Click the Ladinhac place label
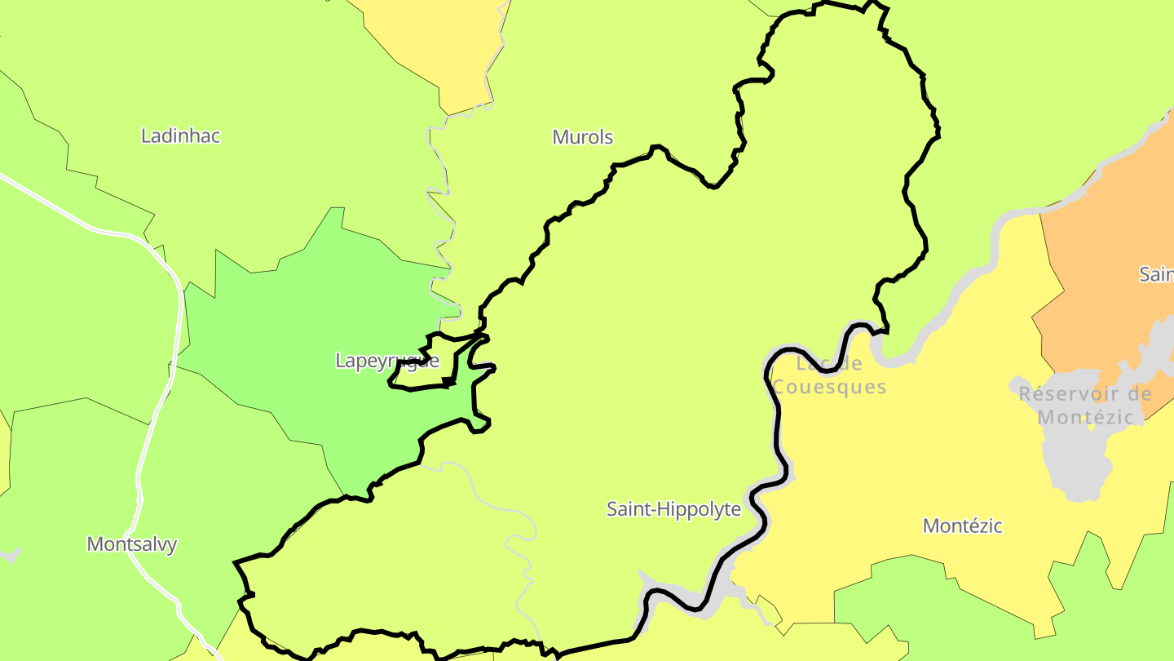coord(180,135)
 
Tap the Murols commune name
coord(582,137)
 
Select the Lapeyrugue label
coord(386,361)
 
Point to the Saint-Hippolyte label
coord(673,509)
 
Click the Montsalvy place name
coord(131,544)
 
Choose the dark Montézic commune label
coord(962,526)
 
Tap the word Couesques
coord(829,387)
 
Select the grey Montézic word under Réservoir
coord(1085,418)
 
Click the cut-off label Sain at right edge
coord(1156,274)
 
